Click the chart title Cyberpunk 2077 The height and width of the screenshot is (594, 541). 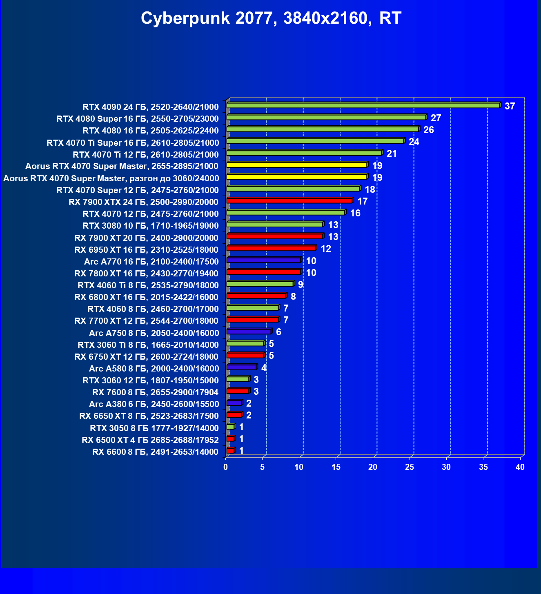click(271, 18)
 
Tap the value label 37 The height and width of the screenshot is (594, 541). click(510, 106)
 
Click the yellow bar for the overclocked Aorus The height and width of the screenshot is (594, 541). click(297, 177)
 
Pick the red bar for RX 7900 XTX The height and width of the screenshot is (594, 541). click(289, 200)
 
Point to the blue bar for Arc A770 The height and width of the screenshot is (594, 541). click(263, 260)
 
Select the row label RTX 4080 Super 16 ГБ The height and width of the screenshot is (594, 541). click(138, 119)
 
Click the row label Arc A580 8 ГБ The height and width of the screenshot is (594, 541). click(154, 369)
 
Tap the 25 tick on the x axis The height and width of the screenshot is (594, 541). click(410, 467)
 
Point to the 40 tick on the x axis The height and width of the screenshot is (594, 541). click(520, 467)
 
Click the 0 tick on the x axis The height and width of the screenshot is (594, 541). click(226, 467)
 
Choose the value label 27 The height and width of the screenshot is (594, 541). click(436, 118)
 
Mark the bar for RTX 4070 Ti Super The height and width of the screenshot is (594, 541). click(315, 141)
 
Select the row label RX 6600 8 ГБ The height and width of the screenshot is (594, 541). click(155, 452)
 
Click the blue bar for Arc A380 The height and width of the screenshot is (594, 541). click(234, 403)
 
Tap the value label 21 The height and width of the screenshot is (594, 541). click(392, 154)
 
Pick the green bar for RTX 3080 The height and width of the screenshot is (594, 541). click(274, 225)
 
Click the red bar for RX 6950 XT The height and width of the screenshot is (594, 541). click(271, 248)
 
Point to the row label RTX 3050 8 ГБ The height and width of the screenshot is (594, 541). click(154, 428)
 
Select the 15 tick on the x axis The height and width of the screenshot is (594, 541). click(336, 467)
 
